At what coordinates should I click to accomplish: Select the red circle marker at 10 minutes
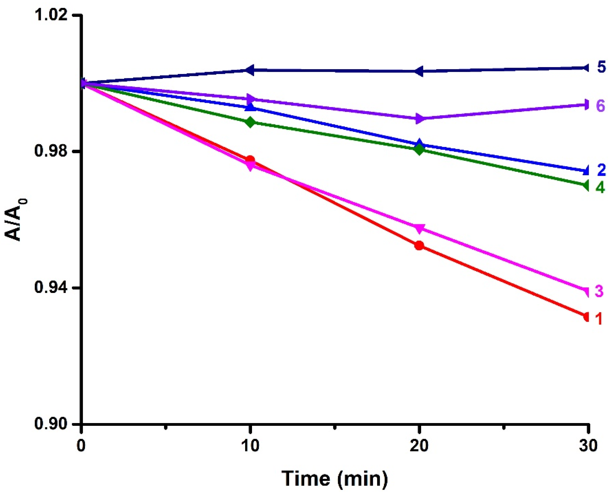250,159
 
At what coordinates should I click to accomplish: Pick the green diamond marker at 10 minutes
250,122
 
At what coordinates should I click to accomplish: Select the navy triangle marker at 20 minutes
418,71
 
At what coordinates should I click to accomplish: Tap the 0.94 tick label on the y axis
53,288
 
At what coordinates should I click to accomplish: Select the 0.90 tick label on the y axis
53,424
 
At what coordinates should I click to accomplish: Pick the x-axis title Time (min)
335,478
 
